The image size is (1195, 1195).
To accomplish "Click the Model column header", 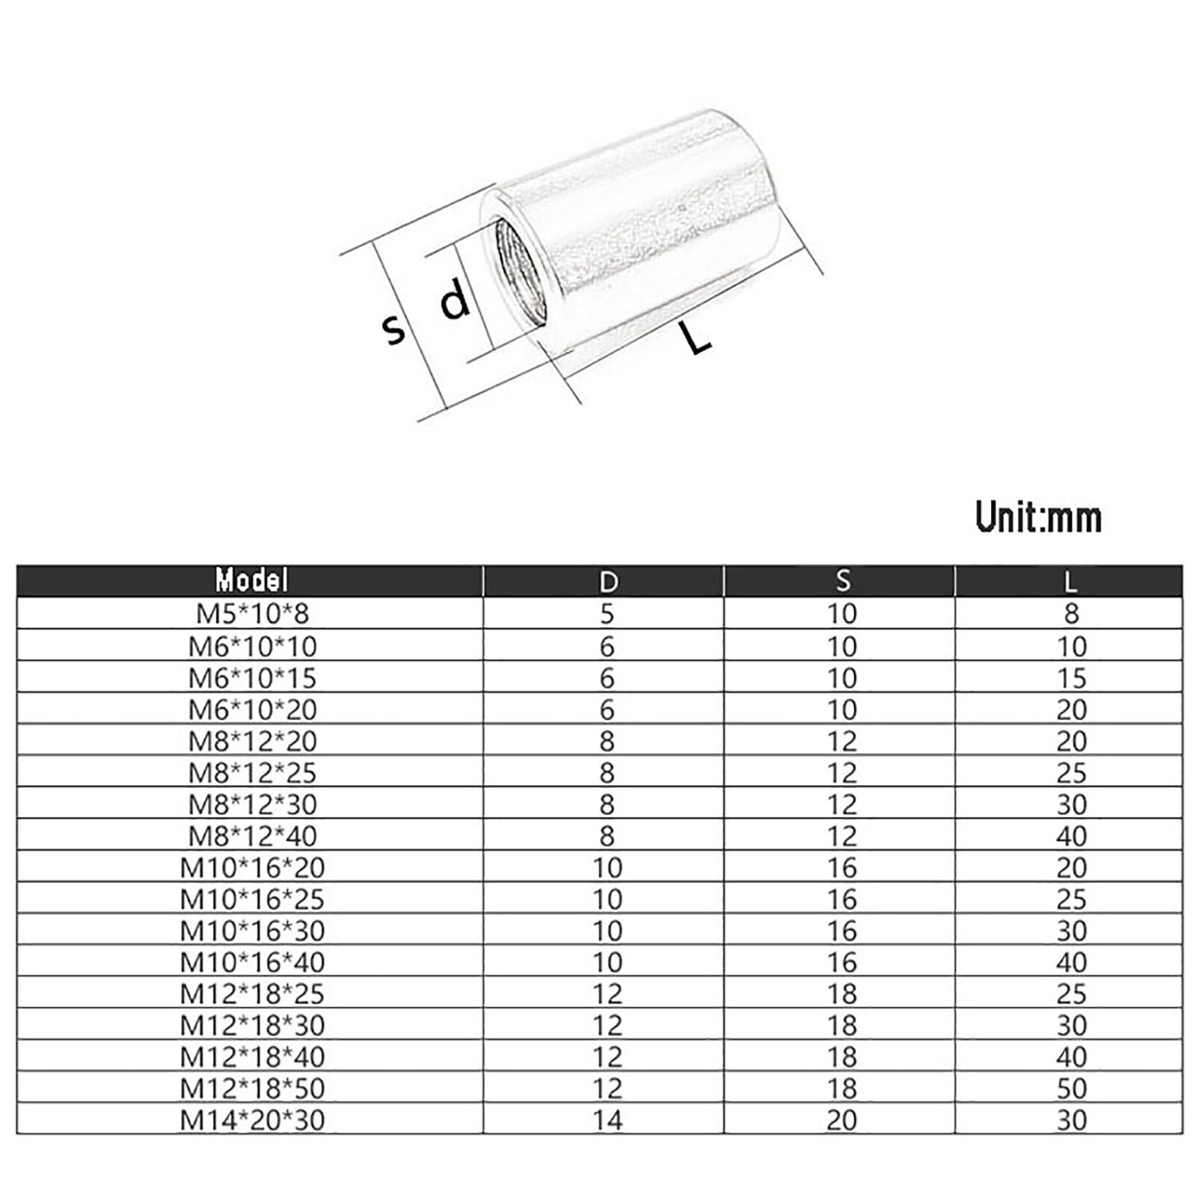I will (251, 580).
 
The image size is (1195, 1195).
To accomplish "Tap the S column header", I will (842, 581).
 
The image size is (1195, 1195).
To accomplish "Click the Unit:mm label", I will (1038, 517).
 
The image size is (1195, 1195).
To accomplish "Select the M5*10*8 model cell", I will (252, 614).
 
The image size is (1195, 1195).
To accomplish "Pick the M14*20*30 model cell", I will (252, 1120).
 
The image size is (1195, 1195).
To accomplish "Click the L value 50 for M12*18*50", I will (1070, 1089).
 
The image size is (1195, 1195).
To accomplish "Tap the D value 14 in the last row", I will (607, 1120).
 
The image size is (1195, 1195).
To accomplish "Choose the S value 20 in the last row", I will (842, 1120).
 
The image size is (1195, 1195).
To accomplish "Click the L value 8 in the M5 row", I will (1071, 614).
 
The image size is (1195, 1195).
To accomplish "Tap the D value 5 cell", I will (606, 614).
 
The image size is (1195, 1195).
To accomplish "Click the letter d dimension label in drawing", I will (454, 298).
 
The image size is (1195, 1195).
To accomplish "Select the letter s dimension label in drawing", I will (394, 329).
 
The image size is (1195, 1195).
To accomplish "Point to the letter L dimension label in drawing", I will (697, 338).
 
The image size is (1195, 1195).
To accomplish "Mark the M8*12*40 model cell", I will (252, 836).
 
